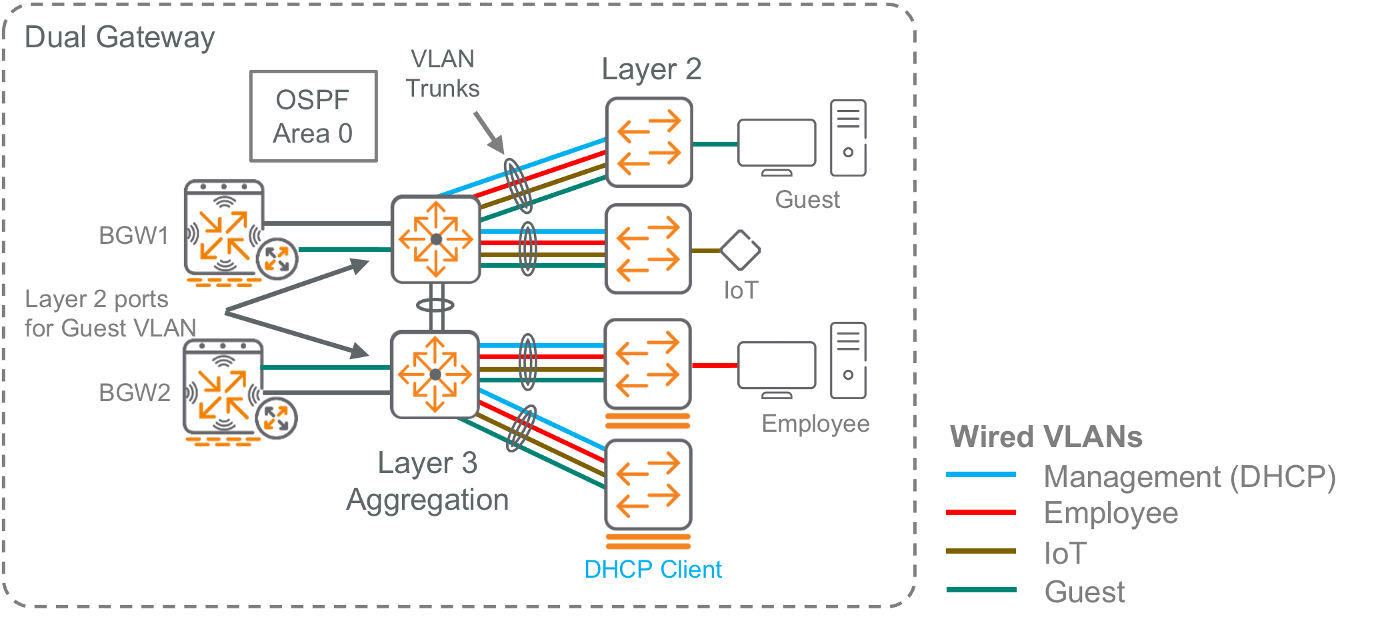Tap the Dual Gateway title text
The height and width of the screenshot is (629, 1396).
(x=119, y=38)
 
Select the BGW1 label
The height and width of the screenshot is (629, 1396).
(x=133, y=235)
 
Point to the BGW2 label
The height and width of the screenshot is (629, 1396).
(x=134, y=392)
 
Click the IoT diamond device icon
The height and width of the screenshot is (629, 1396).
(x=740, y=250)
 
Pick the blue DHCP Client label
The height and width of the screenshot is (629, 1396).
(x=653, y=569)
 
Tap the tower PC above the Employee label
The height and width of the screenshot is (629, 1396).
(x=848, y=360)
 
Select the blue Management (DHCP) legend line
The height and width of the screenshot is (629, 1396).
(x=981, y=474)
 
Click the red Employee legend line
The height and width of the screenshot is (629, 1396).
(x=981, y=512)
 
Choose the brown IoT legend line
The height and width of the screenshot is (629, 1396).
(x=981, y=551)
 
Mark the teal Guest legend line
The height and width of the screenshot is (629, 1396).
(x=981, y=590)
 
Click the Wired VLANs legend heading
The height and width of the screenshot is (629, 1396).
(x=1046, y=437)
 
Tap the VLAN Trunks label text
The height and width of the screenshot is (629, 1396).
(x=443, y=73)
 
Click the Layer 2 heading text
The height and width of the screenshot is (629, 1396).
(x=651, y=69)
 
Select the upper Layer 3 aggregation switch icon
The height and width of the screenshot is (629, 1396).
(x=436, y=239)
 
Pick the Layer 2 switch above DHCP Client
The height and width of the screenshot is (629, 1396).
(x=648, y=484)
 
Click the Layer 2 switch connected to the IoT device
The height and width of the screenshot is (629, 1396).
(x=648, y=249)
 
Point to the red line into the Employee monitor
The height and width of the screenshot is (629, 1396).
(x=715, y=365)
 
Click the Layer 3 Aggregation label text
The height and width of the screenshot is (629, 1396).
(x=427, y=481)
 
